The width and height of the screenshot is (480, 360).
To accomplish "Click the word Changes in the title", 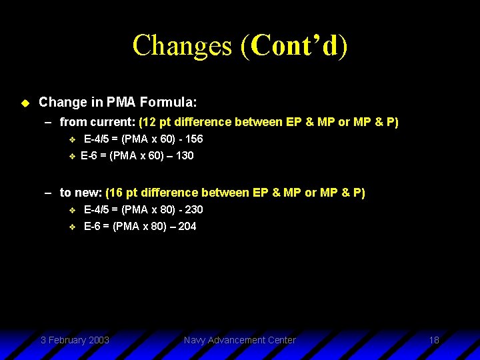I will coord(182,45).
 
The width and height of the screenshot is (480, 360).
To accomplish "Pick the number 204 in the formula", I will coord(187,227).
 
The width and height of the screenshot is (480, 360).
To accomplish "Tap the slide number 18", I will coord(434,341).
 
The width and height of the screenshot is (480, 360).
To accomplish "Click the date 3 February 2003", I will coord(75,341).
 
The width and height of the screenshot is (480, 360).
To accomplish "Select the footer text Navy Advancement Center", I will coord(239,341).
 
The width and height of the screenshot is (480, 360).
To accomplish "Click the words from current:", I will coord(97,123).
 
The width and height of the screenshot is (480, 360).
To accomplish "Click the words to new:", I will coord(81,193).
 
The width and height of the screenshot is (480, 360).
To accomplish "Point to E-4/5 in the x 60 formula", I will coord(97,139).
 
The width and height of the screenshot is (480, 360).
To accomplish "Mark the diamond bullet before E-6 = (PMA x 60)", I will coord(73,157).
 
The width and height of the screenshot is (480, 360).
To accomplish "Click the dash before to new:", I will coord(49,193).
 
